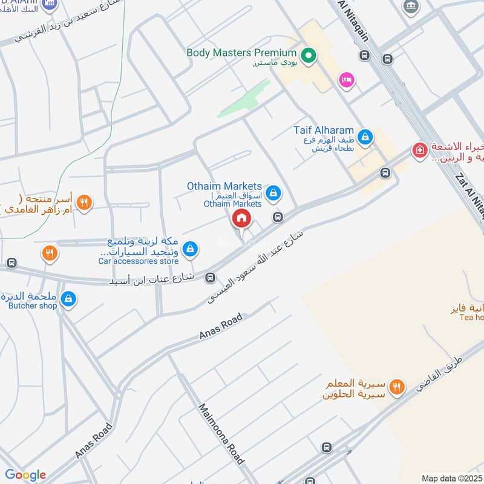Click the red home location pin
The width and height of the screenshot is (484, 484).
(241, 218)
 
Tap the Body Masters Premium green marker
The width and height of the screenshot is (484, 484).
(309, 56)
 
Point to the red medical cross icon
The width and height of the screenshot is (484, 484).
(419, 150)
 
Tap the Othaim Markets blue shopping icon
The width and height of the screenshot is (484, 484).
(273, 193)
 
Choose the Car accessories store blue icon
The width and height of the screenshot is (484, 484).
(191, 248)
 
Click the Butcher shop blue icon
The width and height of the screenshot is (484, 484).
(68, 298)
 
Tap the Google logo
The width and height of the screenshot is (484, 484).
(25, 475)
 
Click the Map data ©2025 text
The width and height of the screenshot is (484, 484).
(451, 479)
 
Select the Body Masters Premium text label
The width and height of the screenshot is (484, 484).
(241, 53)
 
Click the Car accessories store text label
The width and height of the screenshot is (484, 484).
(139, 261)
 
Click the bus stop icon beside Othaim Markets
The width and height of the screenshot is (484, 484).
(278, 217)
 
